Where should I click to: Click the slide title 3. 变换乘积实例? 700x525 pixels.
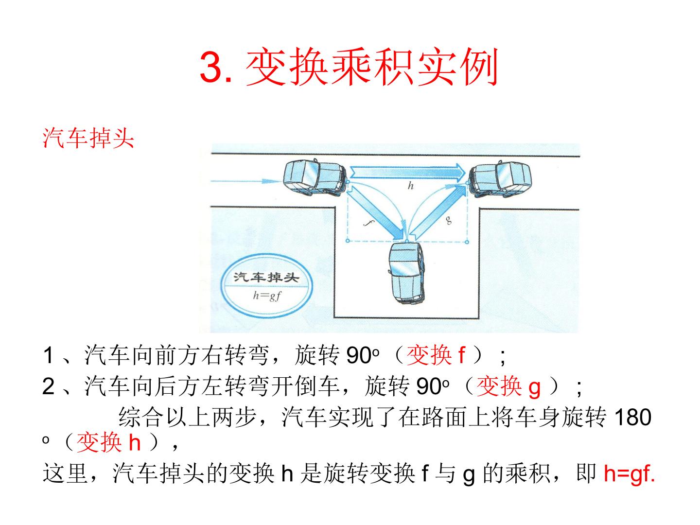[349, 67]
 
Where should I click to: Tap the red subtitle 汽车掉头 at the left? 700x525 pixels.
[88, 138]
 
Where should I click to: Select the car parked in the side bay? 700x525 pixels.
[407, 273]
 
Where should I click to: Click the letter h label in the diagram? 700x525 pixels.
[410, 186]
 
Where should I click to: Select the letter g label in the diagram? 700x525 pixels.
[449, 220]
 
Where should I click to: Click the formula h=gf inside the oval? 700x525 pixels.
[267, 296]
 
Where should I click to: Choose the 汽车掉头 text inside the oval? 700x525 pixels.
[266, 277]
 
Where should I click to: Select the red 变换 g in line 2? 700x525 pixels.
[508, 386]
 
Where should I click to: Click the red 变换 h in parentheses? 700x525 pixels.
[109, 442]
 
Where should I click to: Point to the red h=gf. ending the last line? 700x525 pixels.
[629, 473]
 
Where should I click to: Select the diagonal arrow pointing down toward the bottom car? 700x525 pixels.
[376, 212]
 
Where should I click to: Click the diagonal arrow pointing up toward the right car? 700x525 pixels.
[438, 212]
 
